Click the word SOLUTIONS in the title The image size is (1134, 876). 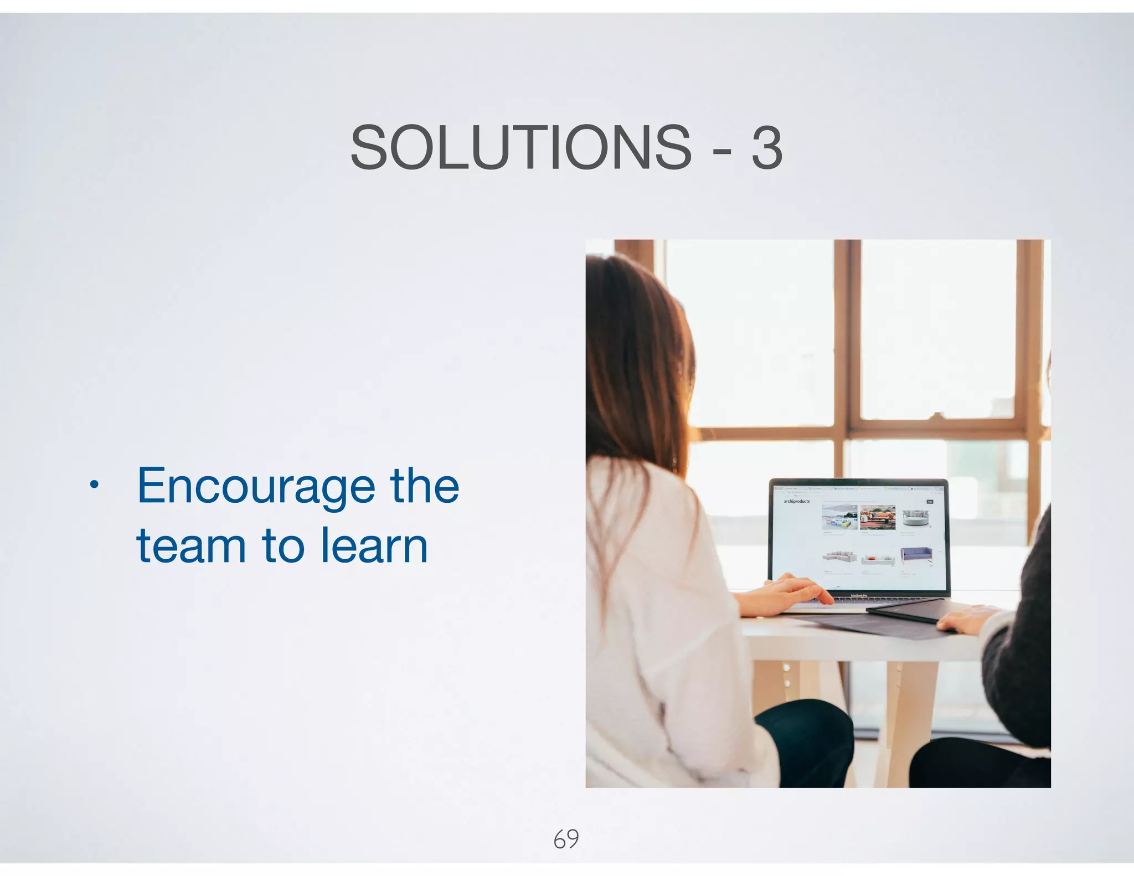[x=520, y=148]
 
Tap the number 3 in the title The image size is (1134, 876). [x=767, y=148]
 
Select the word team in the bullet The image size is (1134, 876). [x=191, y=546]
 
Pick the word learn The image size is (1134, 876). [x=374, y=546]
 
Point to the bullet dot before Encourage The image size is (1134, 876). [x=94, y=486]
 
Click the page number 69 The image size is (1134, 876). [x=566, y=839]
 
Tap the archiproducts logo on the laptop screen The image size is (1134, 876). [x=796, y=501]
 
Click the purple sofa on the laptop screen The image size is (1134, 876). [x=916, y=554]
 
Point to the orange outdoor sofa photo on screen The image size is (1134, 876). [x=878, y=517]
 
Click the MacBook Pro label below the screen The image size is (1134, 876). [x=859, y=596]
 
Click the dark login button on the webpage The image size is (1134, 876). [x=930, y=502]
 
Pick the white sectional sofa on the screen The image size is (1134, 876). [x=839, y=556]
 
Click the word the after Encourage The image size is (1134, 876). [x=424, y=486]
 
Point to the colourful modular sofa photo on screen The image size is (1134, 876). [x=839, y=518]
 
